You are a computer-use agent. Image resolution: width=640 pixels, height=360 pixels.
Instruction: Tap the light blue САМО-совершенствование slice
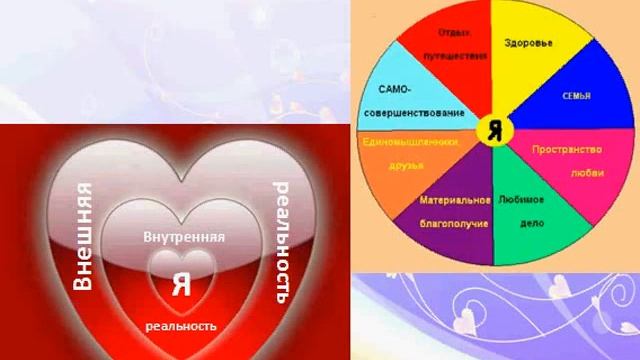[410, 100]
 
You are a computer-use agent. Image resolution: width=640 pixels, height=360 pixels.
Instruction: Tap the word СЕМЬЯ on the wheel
[577, 96]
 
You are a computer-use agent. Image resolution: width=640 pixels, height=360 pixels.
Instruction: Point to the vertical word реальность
[282, 243]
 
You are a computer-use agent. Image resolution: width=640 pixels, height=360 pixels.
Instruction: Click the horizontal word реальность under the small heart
[181, 326]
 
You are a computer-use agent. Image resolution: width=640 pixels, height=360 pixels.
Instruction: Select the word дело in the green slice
[532, 224]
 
